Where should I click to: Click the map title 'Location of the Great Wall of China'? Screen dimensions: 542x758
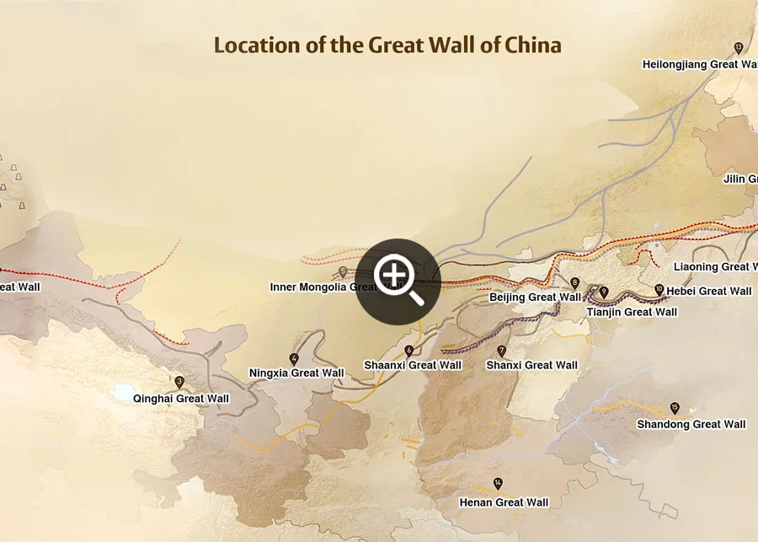pos(387,45)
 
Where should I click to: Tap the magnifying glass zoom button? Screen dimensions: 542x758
pos(398,281)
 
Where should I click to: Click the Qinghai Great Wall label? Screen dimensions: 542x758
pos(181,399)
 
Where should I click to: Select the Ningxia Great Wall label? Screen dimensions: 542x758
pos(296,373)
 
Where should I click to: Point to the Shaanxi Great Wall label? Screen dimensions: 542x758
pos(413,365)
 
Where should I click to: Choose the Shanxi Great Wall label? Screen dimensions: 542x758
pos(532,365)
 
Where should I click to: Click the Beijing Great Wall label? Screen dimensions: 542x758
pos(535,297)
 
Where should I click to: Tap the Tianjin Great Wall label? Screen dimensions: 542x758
pos(632,312)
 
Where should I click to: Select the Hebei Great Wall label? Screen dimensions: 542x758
pos(708,291)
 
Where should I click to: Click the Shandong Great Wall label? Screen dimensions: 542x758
pos(691,424)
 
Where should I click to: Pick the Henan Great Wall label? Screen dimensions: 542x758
pos(504,502)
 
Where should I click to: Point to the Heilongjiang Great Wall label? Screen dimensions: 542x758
pos(699,64)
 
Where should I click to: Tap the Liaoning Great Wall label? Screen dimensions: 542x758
pos(716,266)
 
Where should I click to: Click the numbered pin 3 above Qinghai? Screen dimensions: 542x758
pos(179,382)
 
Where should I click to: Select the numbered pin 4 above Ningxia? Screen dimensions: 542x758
pos(294,359)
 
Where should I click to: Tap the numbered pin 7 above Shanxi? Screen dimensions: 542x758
pos(502,351)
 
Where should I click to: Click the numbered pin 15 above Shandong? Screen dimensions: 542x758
pos(675,408)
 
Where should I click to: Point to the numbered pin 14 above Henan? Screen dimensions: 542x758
pos(498,484)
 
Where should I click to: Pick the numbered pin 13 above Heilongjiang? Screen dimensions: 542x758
pos(739,47)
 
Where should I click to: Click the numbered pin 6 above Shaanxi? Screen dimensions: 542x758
pos(409,351)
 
